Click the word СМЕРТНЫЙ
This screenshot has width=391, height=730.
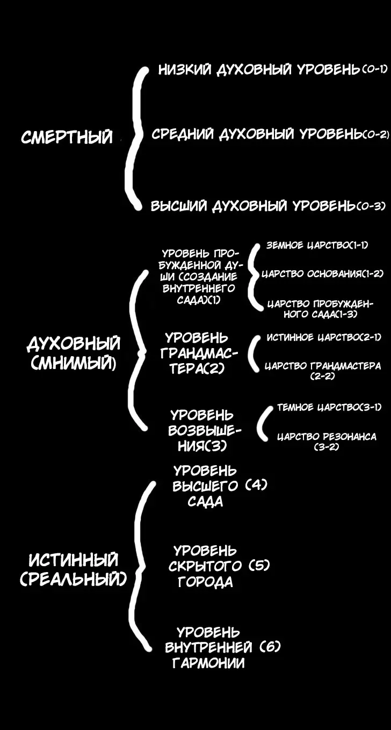click(x=67, y=137)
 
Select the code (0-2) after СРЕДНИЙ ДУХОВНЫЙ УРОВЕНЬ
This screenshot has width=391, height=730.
click(x=376, y=134)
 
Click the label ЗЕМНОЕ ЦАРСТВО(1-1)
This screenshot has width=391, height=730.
click(x=317, y=245)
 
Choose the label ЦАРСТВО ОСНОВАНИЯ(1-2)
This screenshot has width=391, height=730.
click(x=322, y=274)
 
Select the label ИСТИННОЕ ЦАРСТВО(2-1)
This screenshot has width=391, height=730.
click(x=324, y=337)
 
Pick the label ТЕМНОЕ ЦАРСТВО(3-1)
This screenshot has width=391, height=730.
click(x=329, y=408)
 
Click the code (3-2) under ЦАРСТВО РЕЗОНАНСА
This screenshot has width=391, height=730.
click(x=326, y=447)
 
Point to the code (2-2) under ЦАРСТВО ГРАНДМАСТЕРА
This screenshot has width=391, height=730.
click(x=322, y=377)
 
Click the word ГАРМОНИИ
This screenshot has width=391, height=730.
click(x=208, y=663)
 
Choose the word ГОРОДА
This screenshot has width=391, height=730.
click(x=206, y=582)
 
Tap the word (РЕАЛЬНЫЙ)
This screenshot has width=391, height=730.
click(x=74, y=579)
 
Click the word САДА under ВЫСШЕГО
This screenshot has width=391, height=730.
click(x=205, y=502)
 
